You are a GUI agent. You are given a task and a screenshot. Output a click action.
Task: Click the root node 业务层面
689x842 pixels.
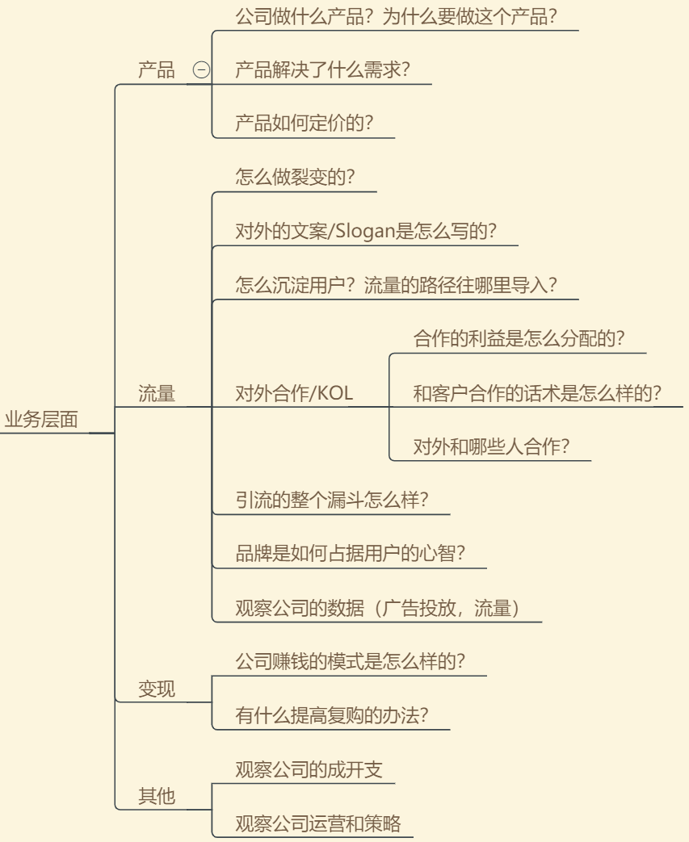click(x=41, y=420)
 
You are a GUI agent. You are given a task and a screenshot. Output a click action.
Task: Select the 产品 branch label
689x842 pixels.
click(x=157, y=69)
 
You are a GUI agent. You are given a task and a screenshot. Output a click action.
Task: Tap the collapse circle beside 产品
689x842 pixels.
click(x=202, y=69)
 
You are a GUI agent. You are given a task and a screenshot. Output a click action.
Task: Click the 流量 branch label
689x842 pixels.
click(x=157, y=394)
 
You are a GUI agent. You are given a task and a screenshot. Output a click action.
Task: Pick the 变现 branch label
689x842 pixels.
click(x=157, y=689)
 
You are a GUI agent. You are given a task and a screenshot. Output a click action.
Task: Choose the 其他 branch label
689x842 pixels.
click(x=157, y=796)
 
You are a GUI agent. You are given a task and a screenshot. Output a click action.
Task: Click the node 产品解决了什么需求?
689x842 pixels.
click(x=322, y=69)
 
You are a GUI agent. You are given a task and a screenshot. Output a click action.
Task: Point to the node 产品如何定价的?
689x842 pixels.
click(x=305, y=123)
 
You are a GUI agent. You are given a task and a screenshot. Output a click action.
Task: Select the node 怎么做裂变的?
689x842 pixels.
click(x=295, y=177)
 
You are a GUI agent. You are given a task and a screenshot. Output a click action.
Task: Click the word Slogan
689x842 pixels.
click(x=365, y=231)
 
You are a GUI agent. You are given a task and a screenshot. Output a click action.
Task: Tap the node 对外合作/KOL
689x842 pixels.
click(x=294, y=394)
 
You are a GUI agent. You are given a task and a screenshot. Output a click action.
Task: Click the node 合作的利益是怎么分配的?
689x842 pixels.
click(x=519, y=339)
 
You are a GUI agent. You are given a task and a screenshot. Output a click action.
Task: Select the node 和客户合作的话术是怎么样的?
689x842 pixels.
click(x=537, y=394)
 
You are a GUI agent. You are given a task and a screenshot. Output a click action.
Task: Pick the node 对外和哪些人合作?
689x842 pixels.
click(x=491, y=446)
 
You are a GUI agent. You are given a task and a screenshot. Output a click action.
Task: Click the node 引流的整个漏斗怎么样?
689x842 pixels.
click(x=332, y=500)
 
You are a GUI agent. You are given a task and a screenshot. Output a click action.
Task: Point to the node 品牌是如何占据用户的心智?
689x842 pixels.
click(x=350, y=554)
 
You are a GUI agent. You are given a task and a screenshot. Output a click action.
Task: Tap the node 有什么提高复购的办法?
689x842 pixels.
click(x=332, y=715)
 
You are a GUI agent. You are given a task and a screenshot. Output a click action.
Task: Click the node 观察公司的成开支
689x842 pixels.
click(x=309, y=770)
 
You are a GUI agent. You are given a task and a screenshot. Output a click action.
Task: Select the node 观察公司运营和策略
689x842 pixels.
click(x=318, y=823)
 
